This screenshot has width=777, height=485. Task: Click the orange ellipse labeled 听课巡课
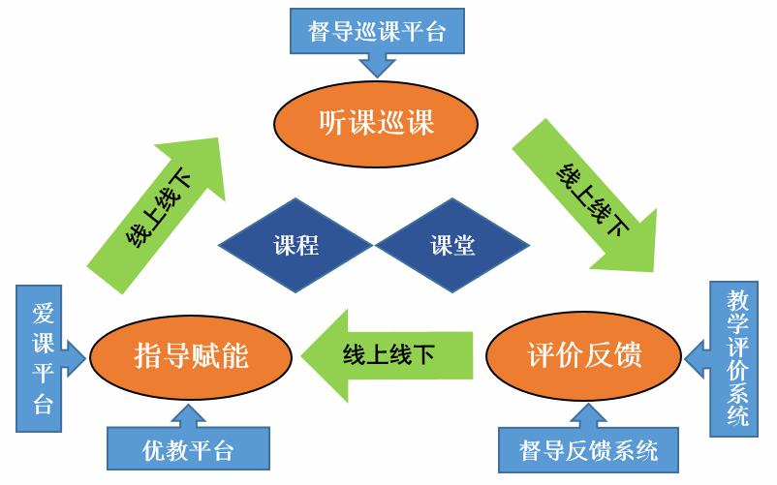376,122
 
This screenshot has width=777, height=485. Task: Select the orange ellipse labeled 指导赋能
191,355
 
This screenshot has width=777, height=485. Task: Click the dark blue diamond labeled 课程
295,245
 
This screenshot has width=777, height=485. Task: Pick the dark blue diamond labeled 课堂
452,245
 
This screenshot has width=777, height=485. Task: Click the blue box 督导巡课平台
377,31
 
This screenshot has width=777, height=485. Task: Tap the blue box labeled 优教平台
187,449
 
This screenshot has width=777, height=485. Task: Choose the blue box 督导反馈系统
588,450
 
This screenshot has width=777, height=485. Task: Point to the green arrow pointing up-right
159,213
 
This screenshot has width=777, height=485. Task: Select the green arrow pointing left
388,354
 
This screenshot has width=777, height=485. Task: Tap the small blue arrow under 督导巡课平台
377,64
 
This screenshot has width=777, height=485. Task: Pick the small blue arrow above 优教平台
187,415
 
